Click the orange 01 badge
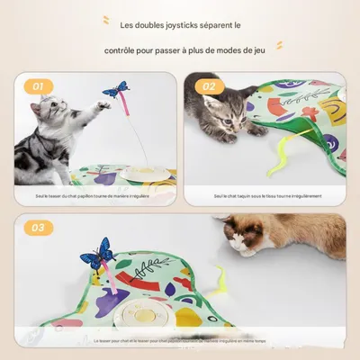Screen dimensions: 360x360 37,86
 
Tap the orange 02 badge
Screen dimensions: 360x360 209,86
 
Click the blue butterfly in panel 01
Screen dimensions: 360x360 114,89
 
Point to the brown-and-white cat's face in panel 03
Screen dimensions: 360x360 244,238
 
